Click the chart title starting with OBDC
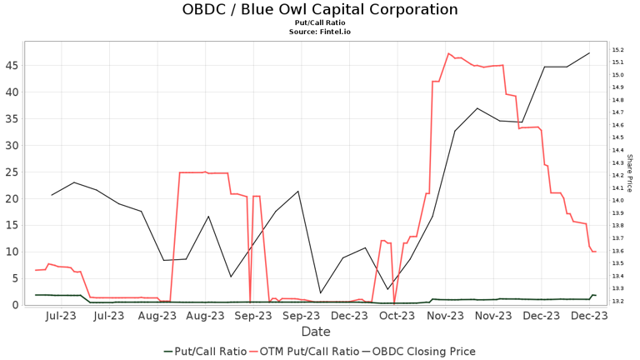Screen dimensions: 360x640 [x=320, y=10]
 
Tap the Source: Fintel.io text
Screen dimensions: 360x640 [x=320, y=32]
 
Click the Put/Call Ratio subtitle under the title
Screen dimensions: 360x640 [x=320, y=23]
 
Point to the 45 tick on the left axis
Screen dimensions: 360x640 [x=12, y=65]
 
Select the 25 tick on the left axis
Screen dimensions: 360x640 [x=12, y=172]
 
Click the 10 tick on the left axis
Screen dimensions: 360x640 [x=12, y=252]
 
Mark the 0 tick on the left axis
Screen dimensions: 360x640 [x=16, y=305]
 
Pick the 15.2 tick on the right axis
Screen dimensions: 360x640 [x=618, y=50]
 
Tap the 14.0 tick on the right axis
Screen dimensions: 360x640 [x=618, y=201]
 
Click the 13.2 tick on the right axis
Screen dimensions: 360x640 [x=618, y=301]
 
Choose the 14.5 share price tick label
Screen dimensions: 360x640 [x=618, y=137]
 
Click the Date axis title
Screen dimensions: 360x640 [x=316, y=332]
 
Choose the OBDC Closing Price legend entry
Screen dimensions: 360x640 [x=424, y=351]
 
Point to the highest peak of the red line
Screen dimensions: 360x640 [x=449, y=53]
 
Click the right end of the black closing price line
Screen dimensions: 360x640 [x=590, y=53]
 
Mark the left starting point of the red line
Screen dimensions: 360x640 [x=36, y=270]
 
